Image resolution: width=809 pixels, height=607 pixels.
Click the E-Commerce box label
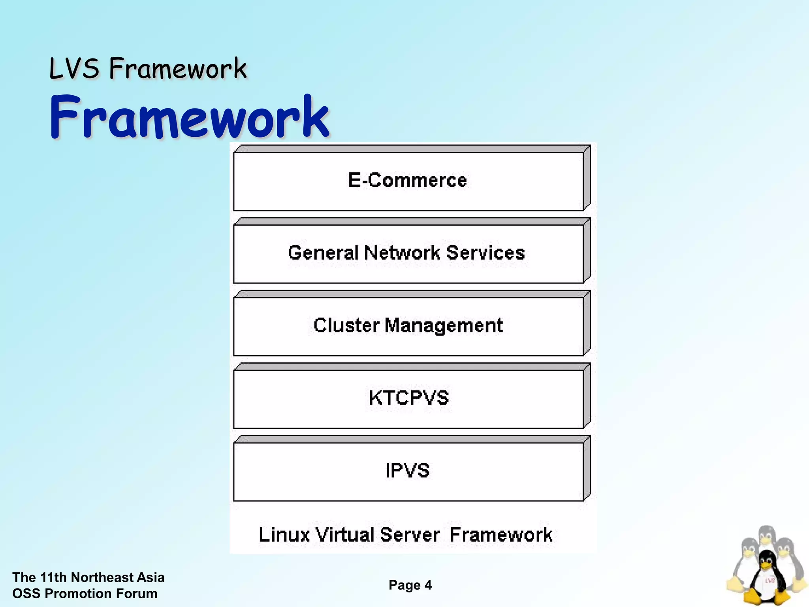click(407, 181)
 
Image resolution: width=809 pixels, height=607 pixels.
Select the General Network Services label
click(406, 253)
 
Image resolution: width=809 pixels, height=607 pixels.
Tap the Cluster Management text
click(408, 326)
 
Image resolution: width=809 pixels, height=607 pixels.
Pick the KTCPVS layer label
click(409, 398)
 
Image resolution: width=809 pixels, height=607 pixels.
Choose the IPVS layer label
click(407, 471)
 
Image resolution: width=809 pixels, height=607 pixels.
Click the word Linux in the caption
click(284, 535)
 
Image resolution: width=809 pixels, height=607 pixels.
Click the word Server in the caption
click(409, 535)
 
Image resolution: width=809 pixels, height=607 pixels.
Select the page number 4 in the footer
click(428, 585)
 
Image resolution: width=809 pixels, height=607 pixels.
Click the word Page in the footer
click(404, 585)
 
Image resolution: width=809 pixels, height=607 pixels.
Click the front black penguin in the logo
click(765, 577)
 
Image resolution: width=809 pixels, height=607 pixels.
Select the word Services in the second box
click(485, 253)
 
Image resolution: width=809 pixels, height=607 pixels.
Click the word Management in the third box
click(443, 326)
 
